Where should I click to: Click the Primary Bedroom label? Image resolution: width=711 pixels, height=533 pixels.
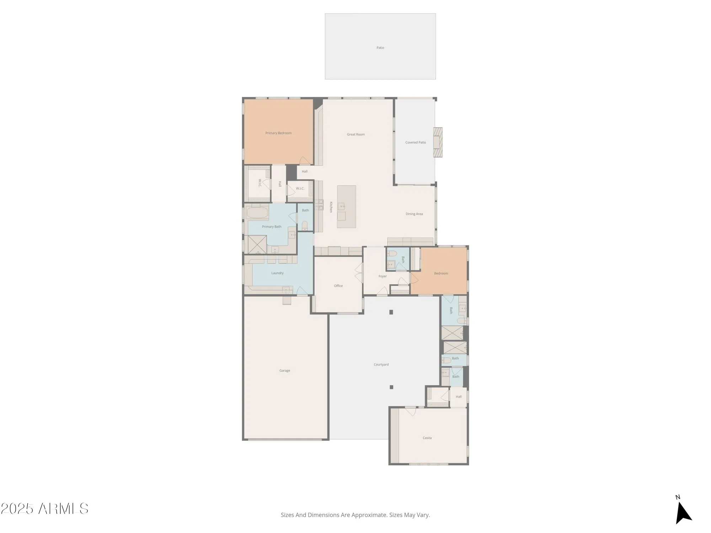(278, 133)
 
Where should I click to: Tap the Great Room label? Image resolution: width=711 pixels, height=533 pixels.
(356, 134)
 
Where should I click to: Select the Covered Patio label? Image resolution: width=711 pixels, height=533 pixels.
(416, 142)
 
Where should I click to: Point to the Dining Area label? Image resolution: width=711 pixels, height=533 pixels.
(414, 214)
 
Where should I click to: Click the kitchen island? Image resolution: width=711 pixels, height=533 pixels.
(347, 207)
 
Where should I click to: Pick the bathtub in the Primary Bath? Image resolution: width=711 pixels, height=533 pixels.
(257, 214)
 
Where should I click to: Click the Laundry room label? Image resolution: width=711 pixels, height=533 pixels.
(277, 273)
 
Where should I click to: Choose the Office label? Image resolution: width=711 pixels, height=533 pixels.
(338, 286)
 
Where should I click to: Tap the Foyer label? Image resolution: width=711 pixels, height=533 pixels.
(383, 276)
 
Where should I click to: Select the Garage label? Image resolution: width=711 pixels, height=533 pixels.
(285, 371)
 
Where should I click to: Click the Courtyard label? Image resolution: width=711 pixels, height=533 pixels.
(381, 365)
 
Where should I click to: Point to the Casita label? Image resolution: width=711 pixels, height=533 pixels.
(427, 438)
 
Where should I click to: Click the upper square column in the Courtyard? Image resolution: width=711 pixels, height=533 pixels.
(391, 312)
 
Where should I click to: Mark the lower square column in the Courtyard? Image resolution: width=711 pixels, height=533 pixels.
(391, 387)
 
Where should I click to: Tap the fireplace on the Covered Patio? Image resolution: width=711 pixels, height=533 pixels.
(438, 142)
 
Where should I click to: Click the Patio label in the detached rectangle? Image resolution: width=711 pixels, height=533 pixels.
(380, 48)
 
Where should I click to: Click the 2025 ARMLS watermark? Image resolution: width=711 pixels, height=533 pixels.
(44, 509)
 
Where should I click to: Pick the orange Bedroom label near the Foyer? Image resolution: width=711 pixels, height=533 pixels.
(441, 273)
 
